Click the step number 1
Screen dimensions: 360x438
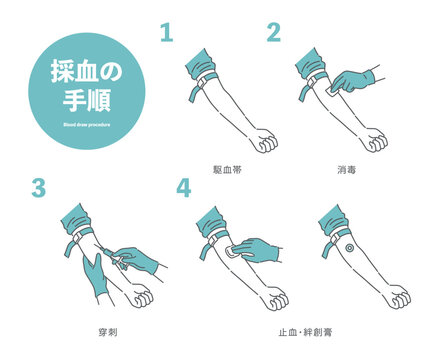[x=167, y=32]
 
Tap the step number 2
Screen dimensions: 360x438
[x=273, y=32]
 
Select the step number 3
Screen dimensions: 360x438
[x=39, y=189]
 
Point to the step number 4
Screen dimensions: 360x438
[x=182, y=189]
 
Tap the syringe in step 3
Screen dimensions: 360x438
[x=121, y=257]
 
